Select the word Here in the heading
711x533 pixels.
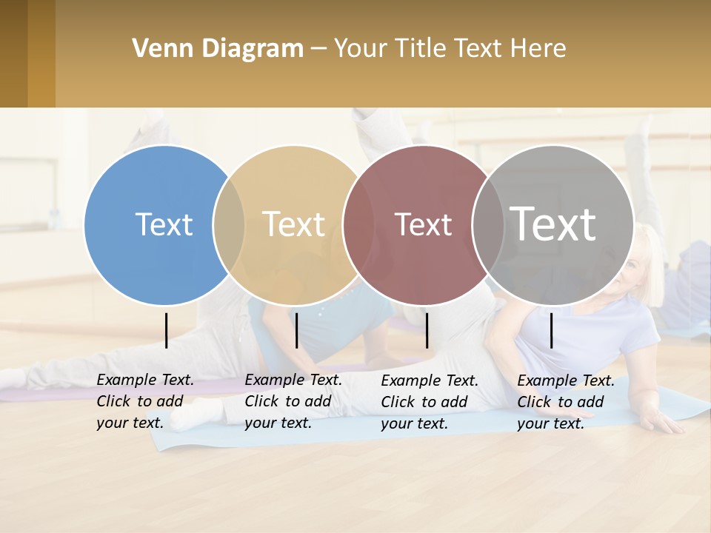(x=538, y=49)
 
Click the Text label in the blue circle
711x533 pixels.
(x=164, y=224)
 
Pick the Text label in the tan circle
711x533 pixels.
(x=294, y=224)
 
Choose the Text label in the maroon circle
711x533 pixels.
(x=423, y=224)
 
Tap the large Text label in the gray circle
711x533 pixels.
(x=553, y=223)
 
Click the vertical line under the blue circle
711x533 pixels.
(x=167, y=330)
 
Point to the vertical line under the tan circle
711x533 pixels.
(x=296, y=330)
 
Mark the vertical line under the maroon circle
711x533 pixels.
(x=427, y=330)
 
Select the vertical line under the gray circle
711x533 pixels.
(x=552, y=330)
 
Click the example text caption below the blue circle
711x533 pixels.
(x=145, y=401)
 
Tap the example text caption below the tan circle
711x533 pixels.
(x=293, y=401)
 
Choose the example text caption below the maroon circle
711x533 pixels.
(x=430, y=402)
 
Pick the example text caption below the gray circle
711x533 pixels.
(x=566, y=402)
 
